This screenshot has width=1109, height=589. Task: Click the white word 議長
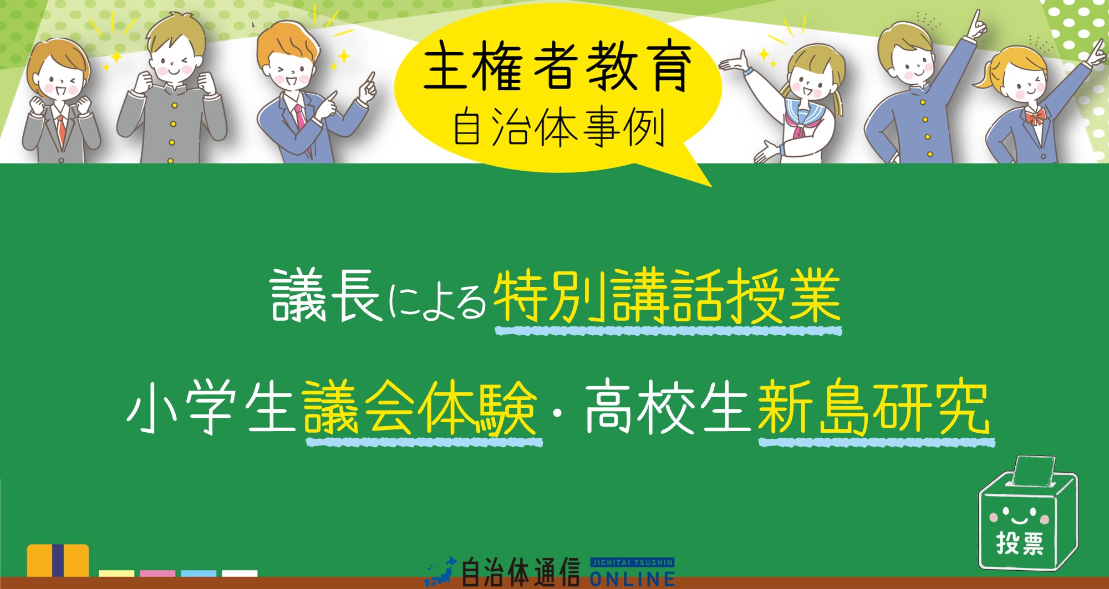tap(326, 296)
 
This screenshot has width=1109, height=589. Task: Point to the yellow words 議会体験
tap(420, 409)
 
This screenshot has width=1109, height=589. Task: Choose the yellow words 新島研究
tap(873, 409)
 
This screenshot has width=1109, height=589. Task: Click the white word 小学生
tap(211, 409)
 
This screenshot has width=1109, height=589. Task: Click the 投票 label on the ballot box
tap(1020, 544)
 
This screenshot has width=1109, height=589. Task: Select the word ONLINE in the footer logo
tap(632, 579)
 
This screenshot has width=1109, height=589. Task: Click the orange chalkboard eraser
tap(58, 560)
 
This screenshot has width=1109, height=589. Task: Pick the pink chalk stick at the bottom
tap(157, 573)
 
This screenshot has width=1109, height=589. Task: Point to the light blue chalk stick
tap(199, 573)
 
